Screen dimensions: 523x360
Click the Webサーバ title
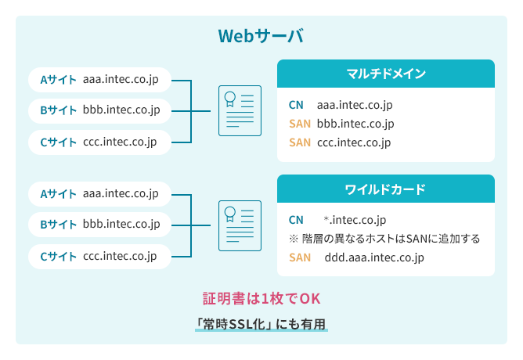point(261,36)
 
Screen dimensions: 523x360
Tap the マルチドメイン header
point(386,74)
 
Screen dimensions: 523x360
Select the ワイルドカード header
point(385,189)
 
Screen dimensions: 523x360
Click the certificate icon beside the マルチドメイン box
point(240,110)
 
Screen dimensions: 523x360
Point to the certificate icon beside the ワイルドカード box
point(240,225)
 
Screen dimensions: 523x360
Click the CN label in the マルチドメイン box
point(296,105)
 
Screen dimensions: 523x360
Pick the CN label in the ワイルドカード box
point(296,220)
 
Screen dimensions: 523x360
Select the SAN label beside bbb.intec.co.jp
point(300,124)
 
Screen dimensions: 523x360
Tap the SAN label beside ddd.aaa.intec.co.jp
point(300,257)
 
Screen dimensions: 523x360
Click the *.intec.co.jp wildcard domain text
point(355,220)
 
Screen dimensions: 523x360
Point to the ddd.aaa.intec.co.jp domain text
point(374,257)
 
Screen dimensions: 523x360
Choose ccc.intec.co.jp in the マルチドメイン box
point(354,142)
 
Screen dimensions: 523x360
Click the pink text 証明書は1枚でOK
point(261,298)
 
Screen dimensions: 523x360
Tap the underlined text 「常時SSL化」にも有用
point(261,324)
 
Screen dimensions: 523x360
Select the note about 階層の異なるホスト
point(384,239)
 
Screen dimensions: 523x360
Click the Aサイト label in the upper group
point(59,80)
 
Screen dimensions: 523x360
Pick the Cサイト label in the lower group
point(59,257)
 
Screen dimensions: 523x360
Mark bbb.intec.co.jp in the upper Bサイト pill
point(121,110)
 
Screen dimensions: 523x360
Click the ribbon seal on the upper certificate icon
point(230,99)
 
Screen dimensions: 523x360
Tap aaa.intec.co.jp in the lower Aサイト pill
point(121,193)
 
